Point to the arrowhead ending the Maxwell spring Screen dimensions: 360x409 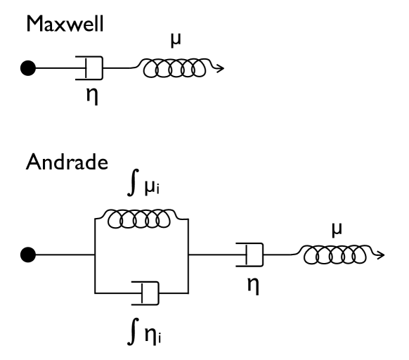(221, 69)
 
